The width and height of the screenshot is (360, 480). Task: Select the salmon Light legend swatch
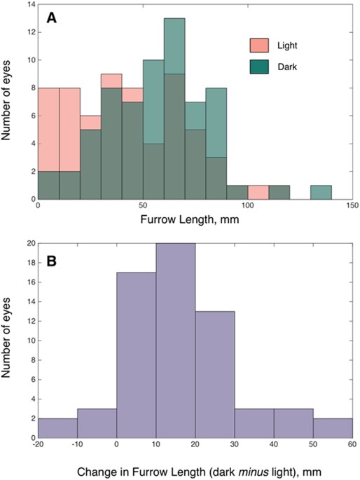tap(260, 46)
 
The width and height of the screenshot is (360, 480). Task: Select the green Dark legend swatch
tap(260, 68)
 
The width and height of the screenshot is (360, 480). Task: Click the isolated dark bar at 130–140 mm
tap(321, 192)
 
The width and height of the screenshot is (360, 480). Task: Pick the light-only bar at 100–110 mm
tap(258, 192)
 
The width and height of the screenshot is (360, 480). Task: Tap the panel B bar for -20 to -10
tap(57, 429)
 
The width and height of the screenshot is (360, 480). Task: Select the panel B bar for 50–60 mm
tap(332, 429)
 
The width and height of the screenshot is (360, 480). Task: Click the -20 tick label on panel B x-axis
tap(38, 446)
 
